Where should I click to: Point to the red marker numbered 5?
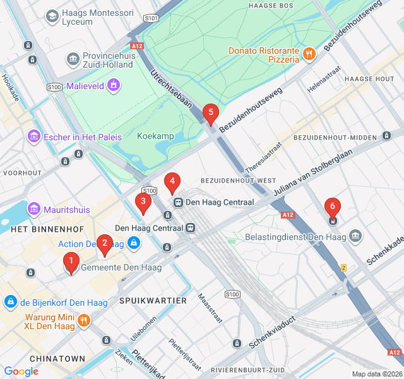coord(211,113)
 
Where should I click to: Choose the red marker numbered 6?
coord(332,208)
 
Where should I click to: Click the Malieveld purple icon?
coord(114,84)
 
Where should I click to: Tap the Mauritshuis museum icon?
coord(33,209)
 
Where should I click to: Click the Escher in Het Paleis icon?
coord(33,136)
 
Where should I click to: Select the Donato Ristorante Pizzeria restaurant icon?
coord(309,54)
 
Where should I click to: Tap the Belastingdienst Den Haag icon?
coord(356,237)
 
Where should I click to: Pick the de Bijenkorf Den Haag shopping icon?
coord(10,302)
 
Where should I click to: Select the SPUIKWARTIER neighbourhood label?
coord(153,301)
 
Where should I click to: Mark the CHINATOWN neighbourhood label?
coord(57,359)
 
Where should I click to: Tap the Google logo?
coord(21,371)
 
